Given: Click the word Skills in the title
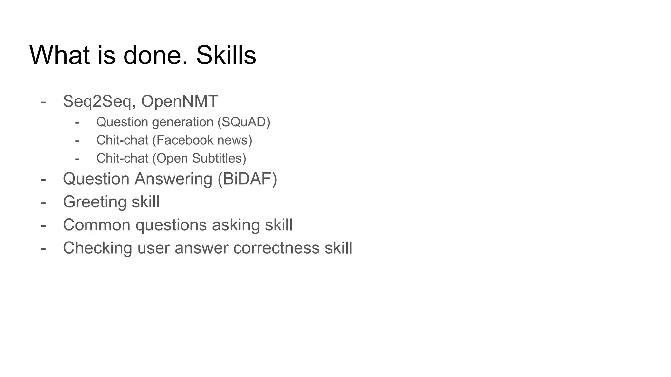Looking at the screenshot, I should tap(226, 55).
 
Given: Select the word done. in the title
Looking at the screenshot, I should tap(156, 55).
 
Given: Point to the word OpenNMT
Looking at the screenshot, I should tap(179, 101).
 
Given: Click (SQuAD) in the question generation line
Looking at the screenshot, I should tap(244, 122).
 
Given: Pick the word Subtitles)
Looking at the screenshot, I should tap(219, 158).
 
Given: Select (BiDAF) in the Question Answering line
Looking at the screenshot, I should tap(247, 179).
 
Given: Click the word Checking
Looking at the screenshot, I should tap(97, 248).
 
